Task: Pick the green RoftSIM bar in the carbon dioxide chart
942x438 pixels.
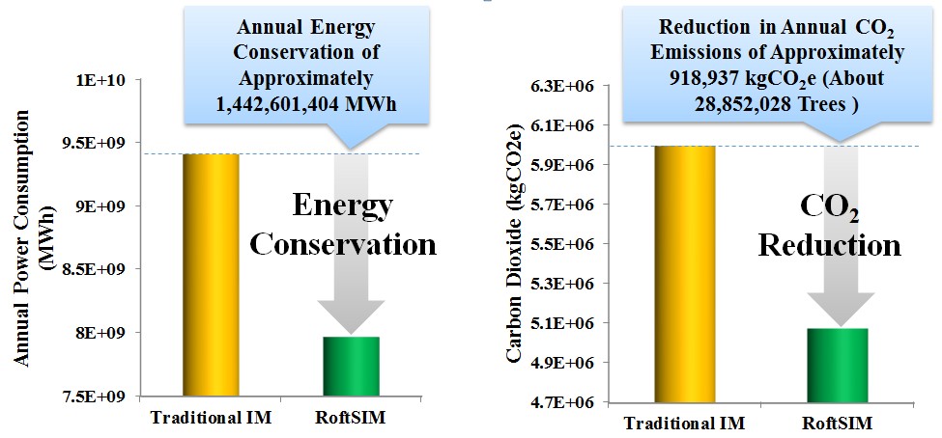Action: [830, 365]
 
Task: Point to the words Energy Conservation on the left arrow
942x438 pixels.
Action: [343, 225]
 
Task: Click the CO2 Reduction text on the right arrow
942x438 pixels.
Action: [829, 226]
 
